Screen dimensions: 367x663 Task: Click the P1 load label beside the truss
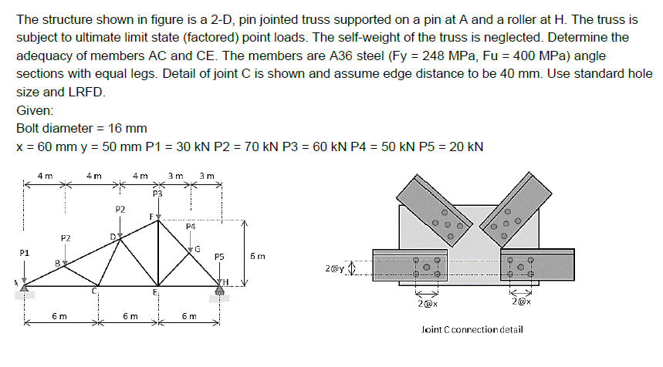pos(24,252)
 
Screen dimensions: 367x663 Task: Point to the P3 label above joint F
pos(157,194)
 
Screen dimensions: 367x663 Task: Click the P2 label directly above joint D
pos(120,209)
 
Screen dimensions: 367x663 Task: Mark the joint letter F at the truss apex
pos(152,218)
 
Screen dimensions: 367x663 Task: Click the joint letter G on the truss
pos(198,248)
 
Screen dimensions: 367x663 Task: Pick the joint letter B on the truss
pos(56,264)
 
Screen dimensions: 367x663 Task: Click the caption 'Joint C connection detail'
pos(472,329)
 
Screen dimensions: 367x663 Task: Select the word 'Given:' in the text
pos(34,110)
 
